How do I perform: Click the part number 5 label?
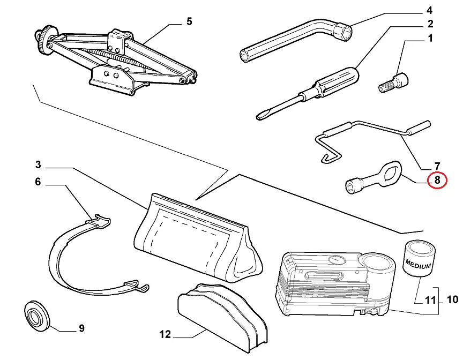click(x=189, y=22)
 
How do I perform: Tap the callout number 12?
click(x=165, y=335)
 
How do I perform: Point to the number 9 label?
click(x=81, y=328)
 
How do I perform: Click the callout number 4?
click(x=429, y=10)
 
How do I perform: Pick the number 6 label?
click(x=38, y=182)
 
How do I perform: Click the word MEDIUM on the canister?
click(x=419, y=263)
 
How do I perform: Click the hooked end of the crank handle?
click(x=327, y=155)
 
